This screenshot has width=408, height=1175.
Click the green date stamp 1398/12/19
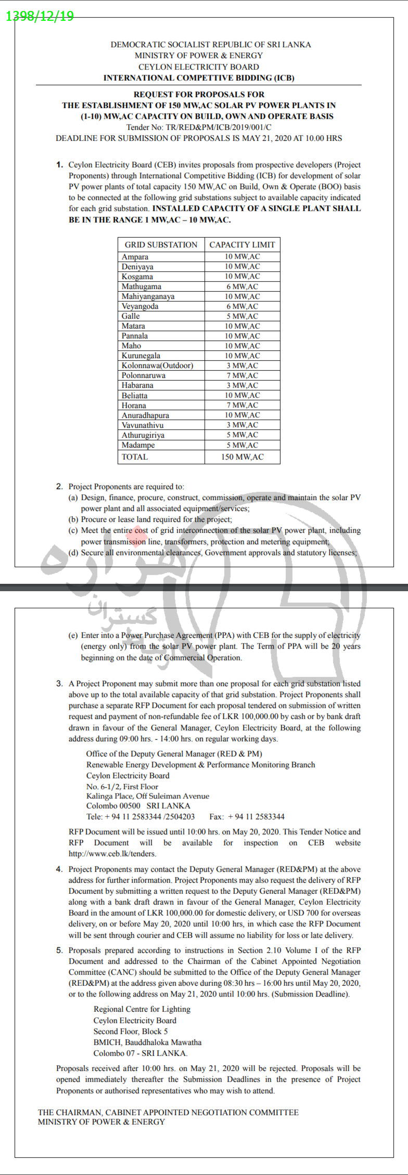(x=40, y=16)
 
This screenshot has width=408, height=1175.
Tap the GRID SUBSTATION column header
(x=161, y=245)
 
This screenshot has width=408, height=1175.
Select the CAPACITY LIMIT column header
(x=242, y=245)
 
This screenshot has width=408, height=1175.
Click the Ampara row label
(x=135, y=257)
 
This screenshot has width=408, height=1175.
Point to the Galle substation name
(x=131, y=316)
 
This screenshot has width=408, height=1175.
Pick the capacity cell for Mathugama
(x=242, y=286)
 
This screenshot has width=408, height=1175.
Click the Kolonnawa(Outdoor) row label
(x=157, y=365)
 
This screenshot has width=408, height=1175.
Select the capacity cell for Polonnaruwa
(x=242, y=375)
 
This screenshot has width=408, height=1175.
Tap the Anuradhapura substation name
(x=145, y=415)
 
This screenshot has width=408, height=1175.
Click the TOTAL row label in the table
(x=134, y=457)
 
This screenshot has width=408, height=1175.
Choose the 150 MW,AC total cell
(x=242, y=457)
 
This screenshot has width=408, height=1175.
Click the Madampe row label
(x=138, y=445)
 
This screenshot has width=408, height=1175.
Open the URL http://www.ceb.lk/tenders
(x=112, y=853)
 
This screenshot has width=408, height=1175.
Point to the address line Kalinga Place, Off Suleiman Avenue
(x=148, y=796)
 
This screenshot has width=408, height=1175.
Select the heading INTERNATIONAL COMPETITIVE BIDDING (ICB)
(x=199, y=78)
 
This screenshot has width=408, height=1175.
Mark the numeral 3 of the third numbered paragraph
(x=59, y=684)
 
